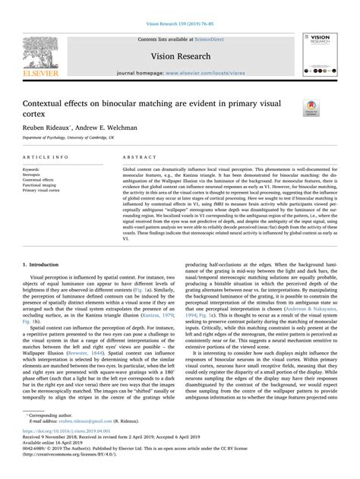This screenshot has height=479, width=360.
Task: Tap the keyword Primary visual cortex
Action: tap(47, 191)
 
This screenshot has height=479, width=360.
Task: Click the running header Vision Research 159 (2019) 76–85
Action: tap(179, 6)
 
